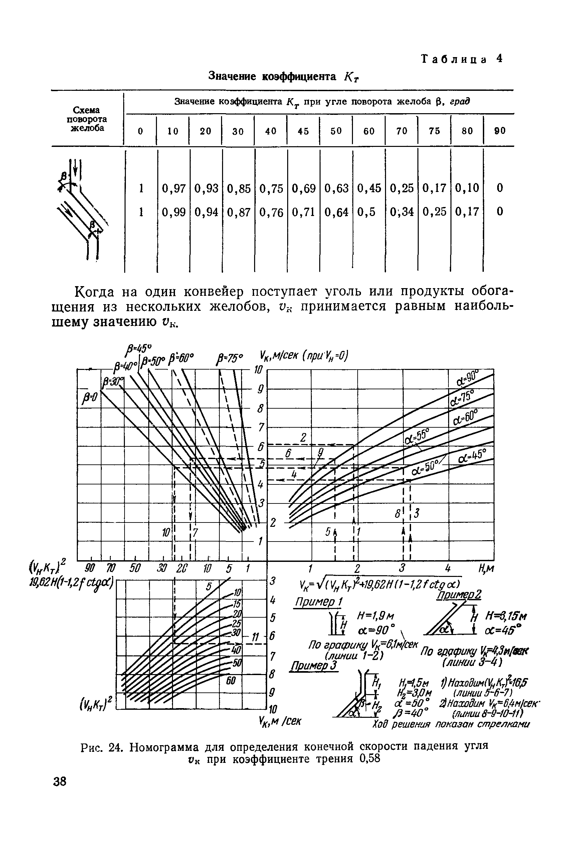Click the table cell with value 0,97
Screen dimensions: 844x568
(174, 188)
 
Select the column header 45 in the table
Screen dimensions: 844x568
(303, 131)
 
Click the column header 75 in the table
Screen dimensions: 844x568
(434, 131)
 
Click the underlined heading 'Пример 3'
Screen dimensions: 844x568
(314, 666)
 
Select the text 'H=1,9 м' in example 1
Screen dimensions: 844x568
(375, 616)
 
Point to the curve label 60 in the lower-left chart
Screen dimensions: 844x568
(231, 681)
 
